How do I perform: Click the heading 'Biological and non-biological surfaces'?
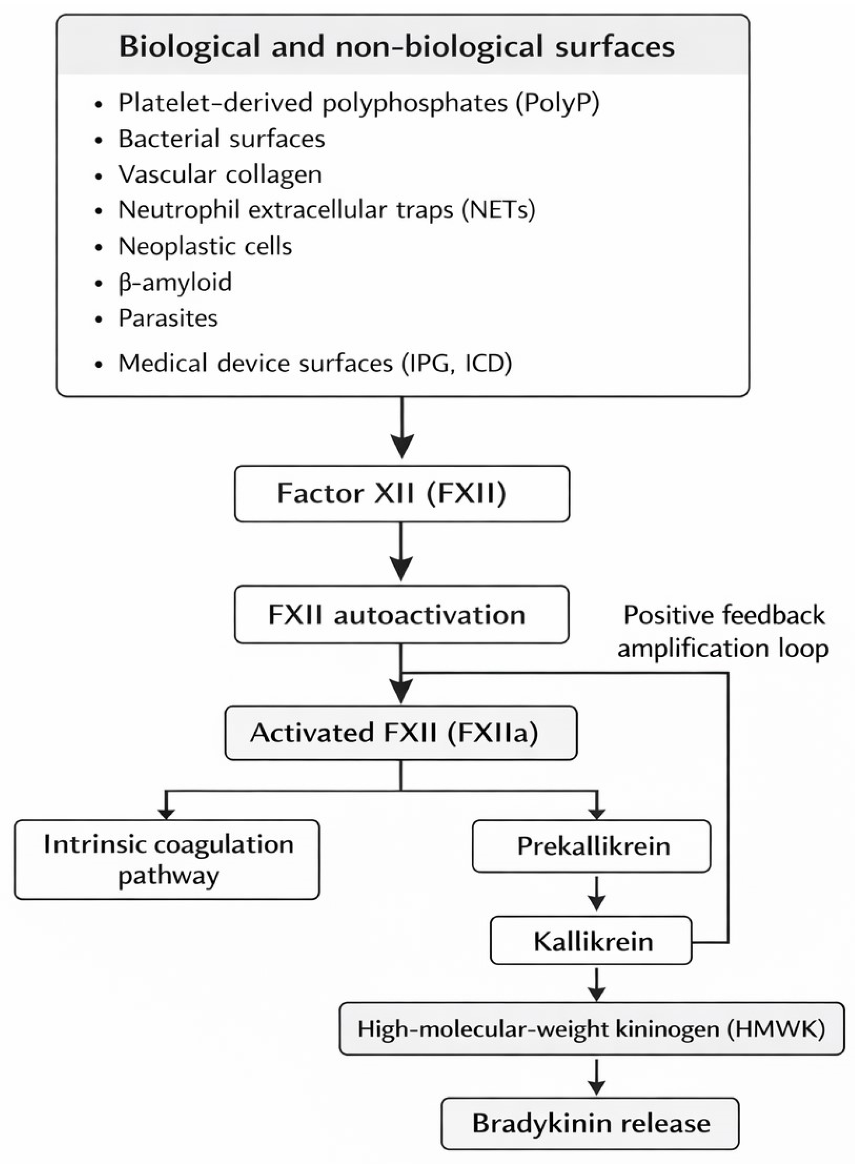(x=396, y=47)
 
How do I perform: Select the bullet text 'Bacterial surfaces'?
(x=221, y=138)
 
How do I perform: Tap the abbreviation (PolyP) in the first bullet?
(x=557, y=103)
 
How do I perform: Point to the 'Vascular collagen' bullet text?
(x=220, y=174)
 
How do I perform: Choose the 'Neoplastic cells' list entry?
(x=205, y=246)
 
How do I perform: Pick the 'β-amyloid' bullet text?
(x=175, y=282)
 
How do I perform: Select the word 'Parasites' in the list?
(x=168, y=318)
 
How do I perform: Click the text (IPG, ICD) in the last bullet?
(x=456, y=363)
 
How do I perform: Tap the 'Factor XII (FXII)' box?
(x=401, y=493)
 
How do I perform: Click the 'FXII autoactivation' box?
(x=401, y=615)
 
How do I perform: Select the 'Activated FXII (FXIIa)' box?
(x=401, y=733)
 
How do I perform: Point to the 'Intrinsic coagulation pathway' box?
(x=167, y=859)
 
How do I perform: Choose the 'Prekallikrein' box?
(x=591, y=846)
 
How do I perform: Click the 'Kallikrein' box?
(x=591, y=941)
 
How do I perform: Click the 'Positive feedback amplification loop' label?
(x=723, y=631)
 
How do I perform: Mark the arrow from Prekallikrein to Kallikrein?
(x=597, y=893)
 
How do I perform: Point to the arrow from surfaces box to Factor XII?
(x=401, y=428)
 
